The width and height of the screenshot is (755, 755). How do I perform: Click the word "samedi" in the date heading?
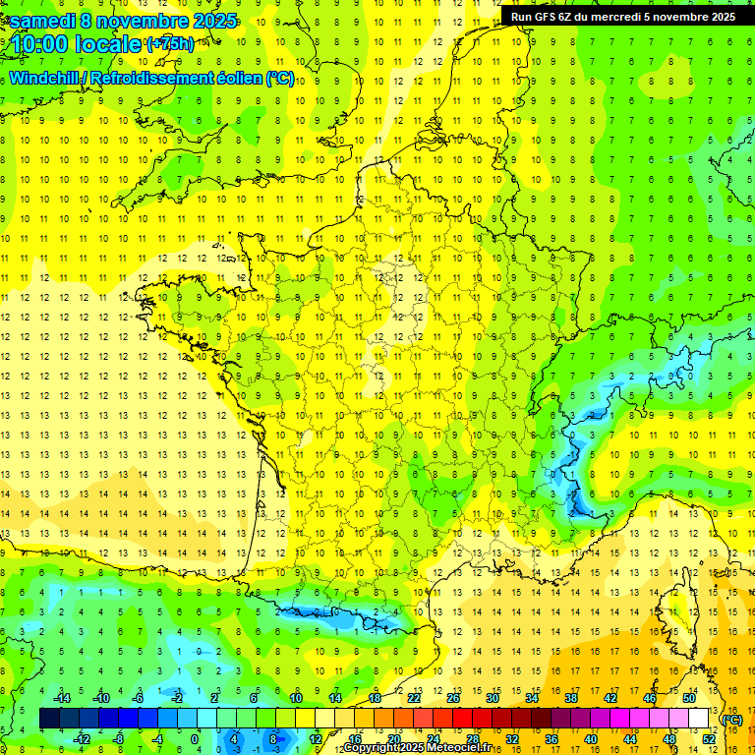(x=41, y=21)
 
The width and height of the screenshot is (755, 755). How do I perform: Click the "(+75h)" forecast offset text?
(x=170, y=44)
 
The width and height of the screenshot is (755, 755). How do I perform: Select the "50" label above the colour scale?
(x=688, y=698)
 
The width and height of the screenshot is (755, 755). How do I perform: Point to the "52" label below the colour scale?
(x=708, y=739)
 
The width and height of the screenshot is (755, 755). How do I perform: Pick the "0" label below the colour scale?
(x=195, y=739)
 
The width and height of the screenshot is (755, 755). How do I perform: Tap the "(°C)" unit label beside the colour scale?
(x=731, y=720)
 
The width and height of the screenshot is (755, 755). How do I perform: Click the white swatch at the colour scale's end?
(x=699, y=719)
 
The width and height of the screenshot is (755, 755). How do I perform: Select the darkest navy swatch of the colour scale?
(x=49, y=719)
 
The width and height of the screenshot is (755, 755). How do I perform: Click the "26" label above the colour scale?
(x=452, y=698)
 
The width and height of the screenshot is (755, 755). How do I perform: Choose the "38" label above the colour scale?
(x=570, y=698)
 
